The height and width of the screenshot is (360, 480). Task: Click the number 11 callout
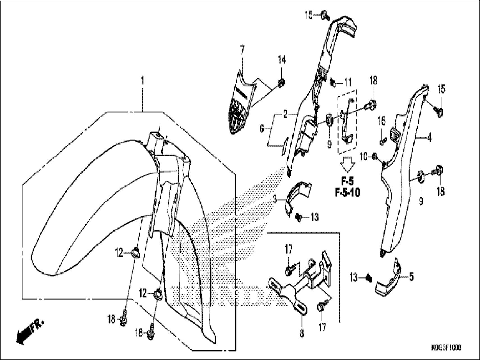(x=348, y=83)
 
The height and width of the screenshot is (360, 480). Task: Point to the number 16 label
(x=382, y=121)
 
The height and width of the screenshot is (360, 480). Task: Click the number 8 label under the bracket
(x=302, y=333)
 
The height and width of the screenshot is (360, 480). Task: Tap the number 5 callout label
(x=411, y=277)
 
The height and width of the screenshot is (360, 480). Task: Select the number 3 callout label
(x=275, y=200)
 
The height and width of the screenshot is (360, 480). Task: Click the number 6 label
(x=261, y=129)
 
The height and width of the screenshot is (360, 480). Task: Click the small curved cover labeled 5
(x=389, y=281)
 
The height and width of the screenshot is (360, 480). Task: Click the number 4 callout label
(x=429, y=138)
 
